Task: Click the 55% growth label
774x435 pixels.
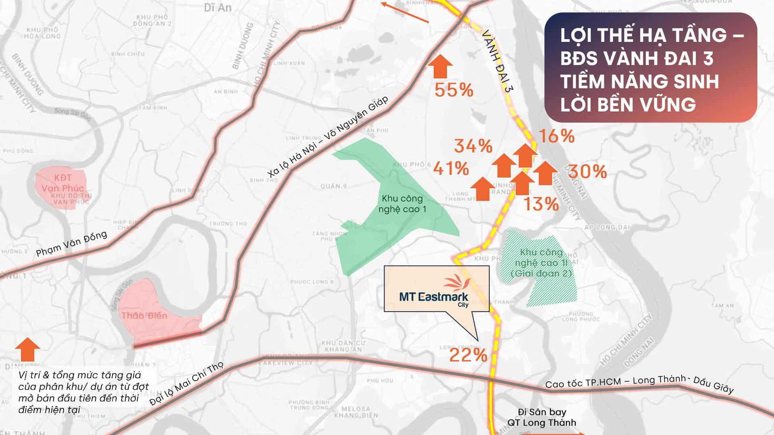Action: [x=454, y=90]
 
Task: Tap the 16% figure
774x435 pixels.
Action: [x=556, y=136]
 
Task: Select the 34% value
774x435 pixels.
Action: [x=473, y=146]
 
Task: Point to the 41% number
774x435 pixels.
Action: [x=451, y=168]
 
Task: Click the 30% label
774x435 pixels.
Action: [x=587, y=172]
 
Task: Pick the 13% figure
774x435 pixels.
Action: [x=541, y=204]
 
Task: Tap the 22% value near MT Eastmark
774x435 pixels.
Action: [x=468, y=355]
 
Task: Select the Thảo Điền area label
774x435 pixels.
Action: [x=144, y=315]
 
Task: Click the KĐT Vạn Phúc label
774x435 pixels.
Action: [x=62, y=183]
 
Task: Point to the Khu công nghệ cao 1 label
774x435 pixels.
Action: [x=402, y=203]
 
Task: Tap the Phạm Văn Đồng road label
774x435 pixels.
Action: [x=72, y=244]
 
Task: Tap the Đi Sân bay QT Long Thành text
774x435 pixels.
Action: [x=541, y=417]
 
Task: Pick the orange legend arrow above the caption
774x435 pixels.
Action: [x=27, y=349]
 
